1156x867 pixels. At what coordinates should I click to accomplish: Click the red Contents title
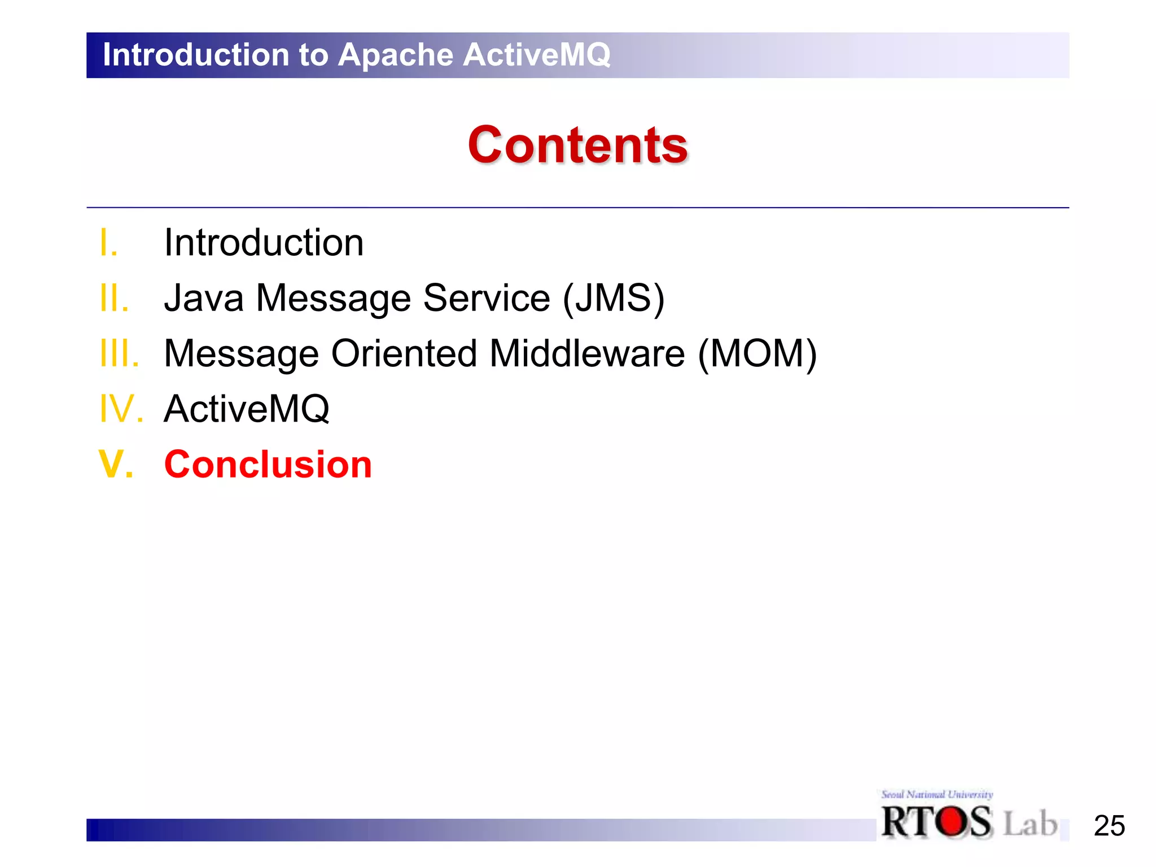click(577, 146)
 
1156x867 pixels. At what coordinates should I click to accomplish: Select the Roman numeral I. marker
click(109, 243)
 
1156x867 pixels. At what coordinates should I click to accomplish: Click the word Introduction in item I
click(264, 243)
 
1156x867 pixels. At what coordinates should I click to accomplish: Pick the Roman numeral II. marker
click(114, 298)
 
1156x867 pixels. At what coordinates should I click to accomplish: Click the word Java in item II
click(204, 298)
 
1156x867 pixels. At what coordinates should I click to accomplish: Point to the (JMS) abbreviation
click(614, 298)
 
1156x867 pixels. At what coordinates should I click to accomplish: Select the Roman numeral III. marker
click(119, 353)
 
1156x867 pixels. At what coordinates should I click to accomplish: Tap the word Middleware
click(587, 353)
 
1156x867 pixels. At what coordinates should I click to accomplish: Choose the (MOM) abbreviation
click(757, 353)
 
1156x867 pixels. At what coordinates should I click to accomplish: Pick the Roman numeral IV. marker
click(121, 409)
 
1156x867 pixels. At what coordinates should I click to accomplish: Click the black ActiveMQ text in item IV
click(247, 409)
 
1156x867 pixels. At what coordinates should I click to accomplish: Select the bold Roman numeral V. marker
click(116, 465)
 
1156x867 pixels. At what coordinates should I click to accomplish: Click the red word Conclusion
click(268, 465)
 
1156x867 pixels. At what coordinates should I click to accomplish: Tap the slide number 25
click(1109, 826)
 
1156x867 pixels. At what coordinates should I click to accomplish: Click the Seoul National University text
click(937, 795)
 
